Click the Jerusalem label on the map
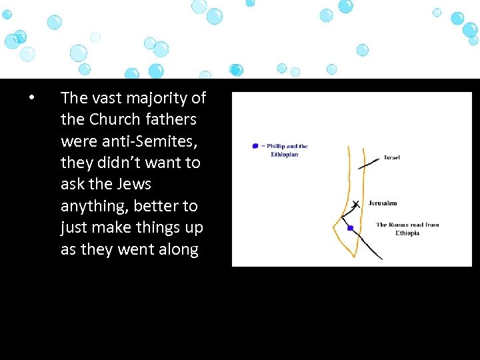coord(383,203)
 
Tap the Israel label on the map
coord(391,158)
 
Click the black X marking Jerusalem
coord(355,204)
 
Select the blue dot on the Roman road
coord(350,228)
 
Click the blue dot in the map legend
coord(255,146)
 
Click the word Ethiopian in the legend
coord(284,154)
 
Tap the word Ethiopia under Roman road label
coord(407,233)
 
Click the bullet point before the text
coord(31,99)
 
